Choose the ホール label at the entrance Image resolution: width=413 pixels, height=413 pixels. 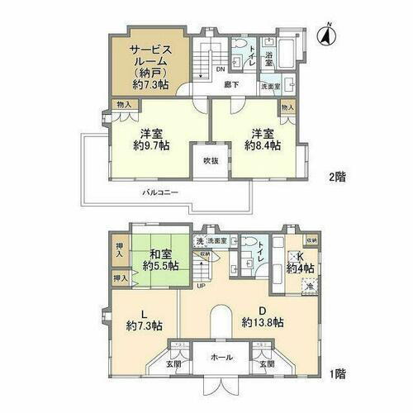click(x=221, y=358)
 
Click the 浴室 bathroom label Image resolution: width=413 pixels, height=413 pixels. click(x=269, y=59)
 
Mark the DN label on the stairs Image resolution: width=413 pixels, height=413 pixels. click(x=221, y=69)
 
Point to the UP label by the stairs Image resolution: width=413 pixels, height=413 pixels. click(x=201, y=287)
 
